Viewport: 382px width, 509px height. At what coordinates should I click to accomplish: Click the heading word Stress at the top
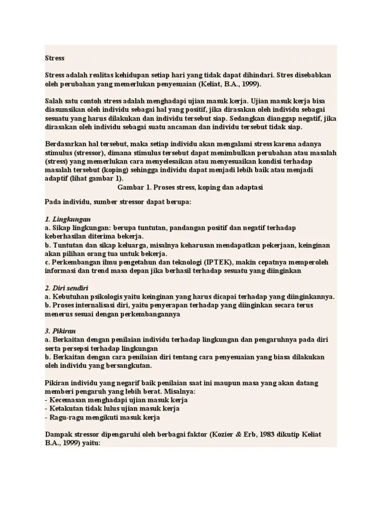tap(54, 58)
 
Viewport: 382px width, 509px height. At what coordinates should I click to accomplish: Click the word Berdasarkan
tap(64, 144)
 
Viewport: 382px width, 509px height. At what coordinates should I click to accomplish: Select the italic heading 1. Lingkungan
tap(67, 219)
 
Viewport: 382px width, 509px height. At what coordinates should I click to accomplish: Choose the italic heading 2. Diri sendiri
tap(67, 288)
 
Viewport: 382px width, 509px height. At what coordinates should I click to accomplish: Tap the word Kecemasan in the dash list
tap(67, 400)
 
